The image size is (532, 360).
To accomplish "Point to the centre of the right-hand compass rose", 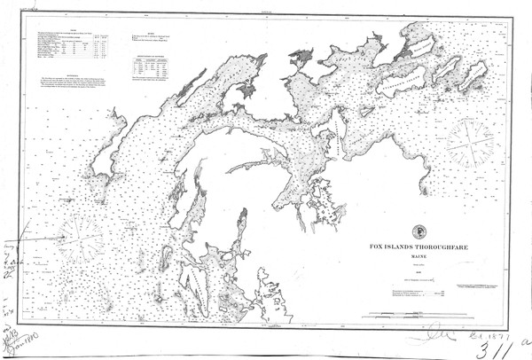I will click(471, 141).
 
